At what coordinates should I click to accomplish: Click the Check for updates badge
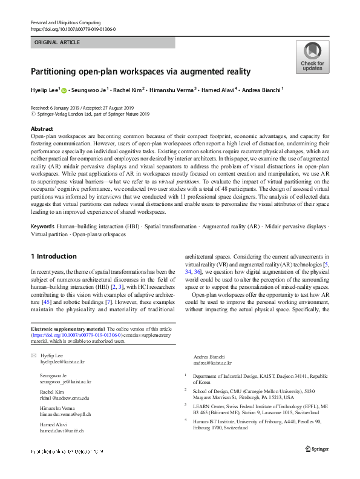[x=312, y=57]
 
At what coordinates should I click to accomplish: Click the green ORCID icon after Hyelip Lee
[x=65, y=90]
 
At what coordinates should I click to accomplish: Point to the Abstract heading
[x=42, y=129]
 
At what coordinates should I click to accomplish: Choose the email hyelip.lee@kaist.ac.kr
[x=62, y=362]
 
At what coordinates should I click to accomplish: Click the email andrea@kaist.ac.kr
[x=212, y=362]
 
